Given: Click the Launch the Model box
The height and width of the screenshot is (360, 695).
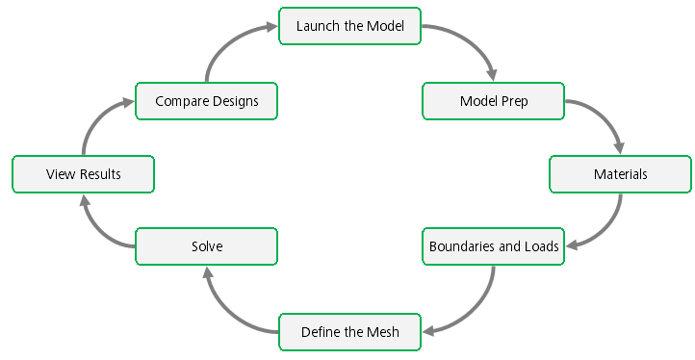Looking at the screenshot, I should pos(350,26).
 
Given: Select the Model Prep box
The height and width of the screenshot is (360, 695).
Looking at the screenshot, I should pos(494,101).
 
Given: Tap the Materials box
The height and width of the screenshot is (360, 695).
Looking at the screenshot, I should pos(620,174).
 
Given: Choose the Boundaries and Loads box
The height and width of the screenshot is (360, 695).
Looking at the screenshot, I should pos(494,246).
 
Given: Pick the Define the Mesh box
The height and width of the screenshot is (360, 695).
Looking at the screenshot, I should pos(350,332).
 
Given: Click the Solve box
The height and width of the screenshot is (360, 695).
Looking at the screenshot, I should pos(206,246).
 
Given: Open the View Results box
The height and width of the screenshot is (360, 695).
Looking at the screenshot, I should pos(83,174).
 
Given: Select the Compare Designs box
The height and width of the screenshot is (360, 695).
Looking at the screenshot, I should pos(206,101).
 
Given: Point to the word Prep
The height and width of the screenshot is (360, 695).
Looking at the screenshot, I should pos(514,101).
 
